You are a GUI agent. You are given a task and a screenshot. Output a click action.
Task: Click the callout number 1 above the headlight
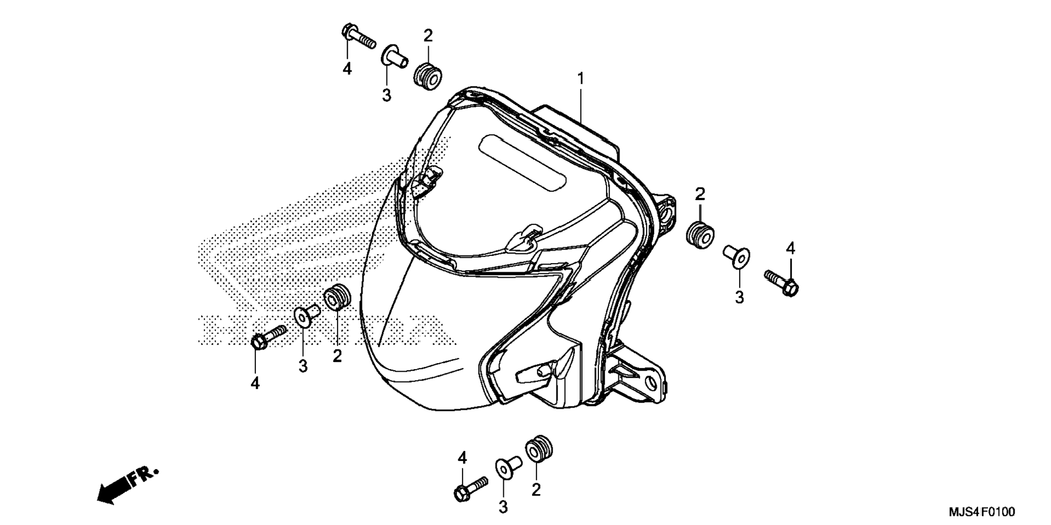(580, 79)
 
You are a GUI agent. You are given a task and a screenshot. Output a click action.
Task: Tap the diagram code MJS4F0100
(981, 512)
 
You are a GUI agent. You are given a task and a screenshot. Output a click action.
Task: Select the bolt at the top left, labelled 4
(358, 36)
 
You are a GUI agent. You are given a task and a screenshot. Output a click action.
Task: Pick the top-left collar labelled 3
(395, 57)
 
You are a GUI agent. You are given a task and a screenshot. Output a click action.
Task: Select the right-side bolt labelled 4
(781, 283)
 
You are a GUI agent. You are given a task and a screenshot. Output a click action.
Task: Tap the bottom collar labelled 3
(508, 467)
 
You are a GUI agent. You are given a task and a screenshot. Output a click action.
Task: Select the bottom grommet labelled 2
(539, 449)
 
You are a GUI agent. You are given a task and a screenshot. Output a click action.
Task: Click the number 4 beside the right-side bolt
(790, 249)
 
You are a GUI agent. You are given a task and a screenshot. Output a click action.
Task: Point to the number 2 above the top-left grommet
(428, 36)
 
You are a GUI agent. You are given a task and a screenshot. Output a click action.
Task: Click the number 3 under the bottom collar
(503, 507)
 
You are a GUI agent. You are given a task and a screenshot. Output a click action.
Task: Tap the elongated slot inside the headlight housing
(523, 162)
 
